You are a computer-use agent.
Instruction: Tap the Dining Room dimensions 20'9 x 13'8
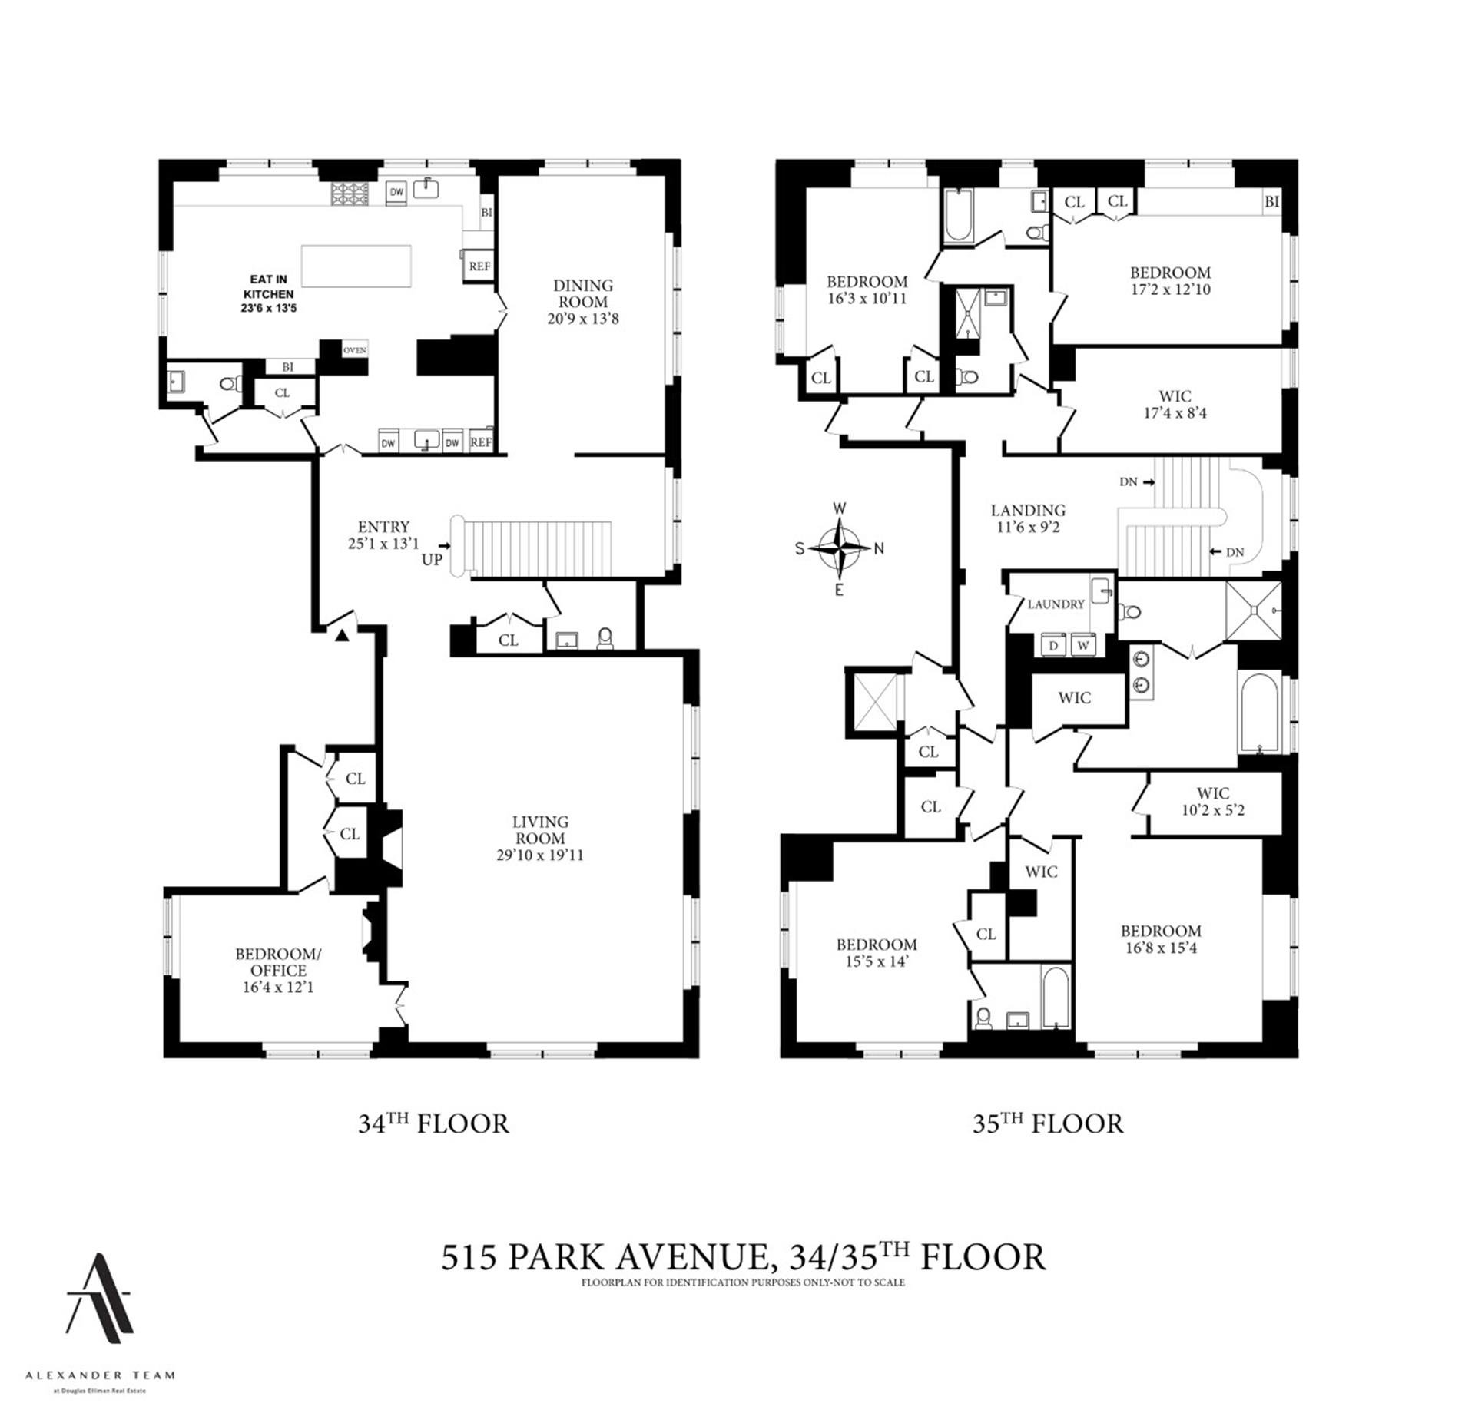point(582,319)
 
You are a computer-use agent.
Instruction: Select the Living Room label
point(540,830)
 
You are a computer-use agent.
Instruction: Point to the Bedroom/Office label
point(278,962)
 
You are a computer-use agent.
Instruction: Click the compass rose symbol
point(839,548)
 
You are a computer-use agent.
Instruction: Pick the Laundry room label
point(1056,604)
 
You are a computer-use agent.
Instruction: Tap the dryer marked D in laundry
point(1053,646)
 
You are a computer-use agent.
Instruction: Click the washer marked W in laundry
point(1083,646)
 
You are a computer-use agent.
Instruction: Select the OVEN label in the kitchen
point(354,350)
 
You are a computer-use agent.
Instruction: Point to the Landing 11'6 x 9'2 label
point(1028,518)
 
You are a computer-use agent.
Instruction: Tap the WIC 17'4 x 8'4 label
point(1175,405)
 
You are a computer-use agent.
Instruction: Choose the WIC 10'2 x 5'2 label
point(1212,801)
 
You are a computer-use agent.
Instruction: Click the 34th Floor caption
point(433,1123)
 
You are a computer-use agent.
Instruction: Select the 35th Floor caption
point(1048,1123)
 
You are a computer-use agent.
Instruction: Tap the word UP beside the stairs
point(432,559)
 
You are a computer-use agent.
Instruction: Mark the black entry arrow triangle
point(343,634)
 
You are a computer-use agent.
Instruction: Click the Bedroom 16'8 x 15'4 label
point(1160,939)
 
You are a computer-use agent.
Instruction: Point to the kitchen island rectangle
point(356,266)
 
